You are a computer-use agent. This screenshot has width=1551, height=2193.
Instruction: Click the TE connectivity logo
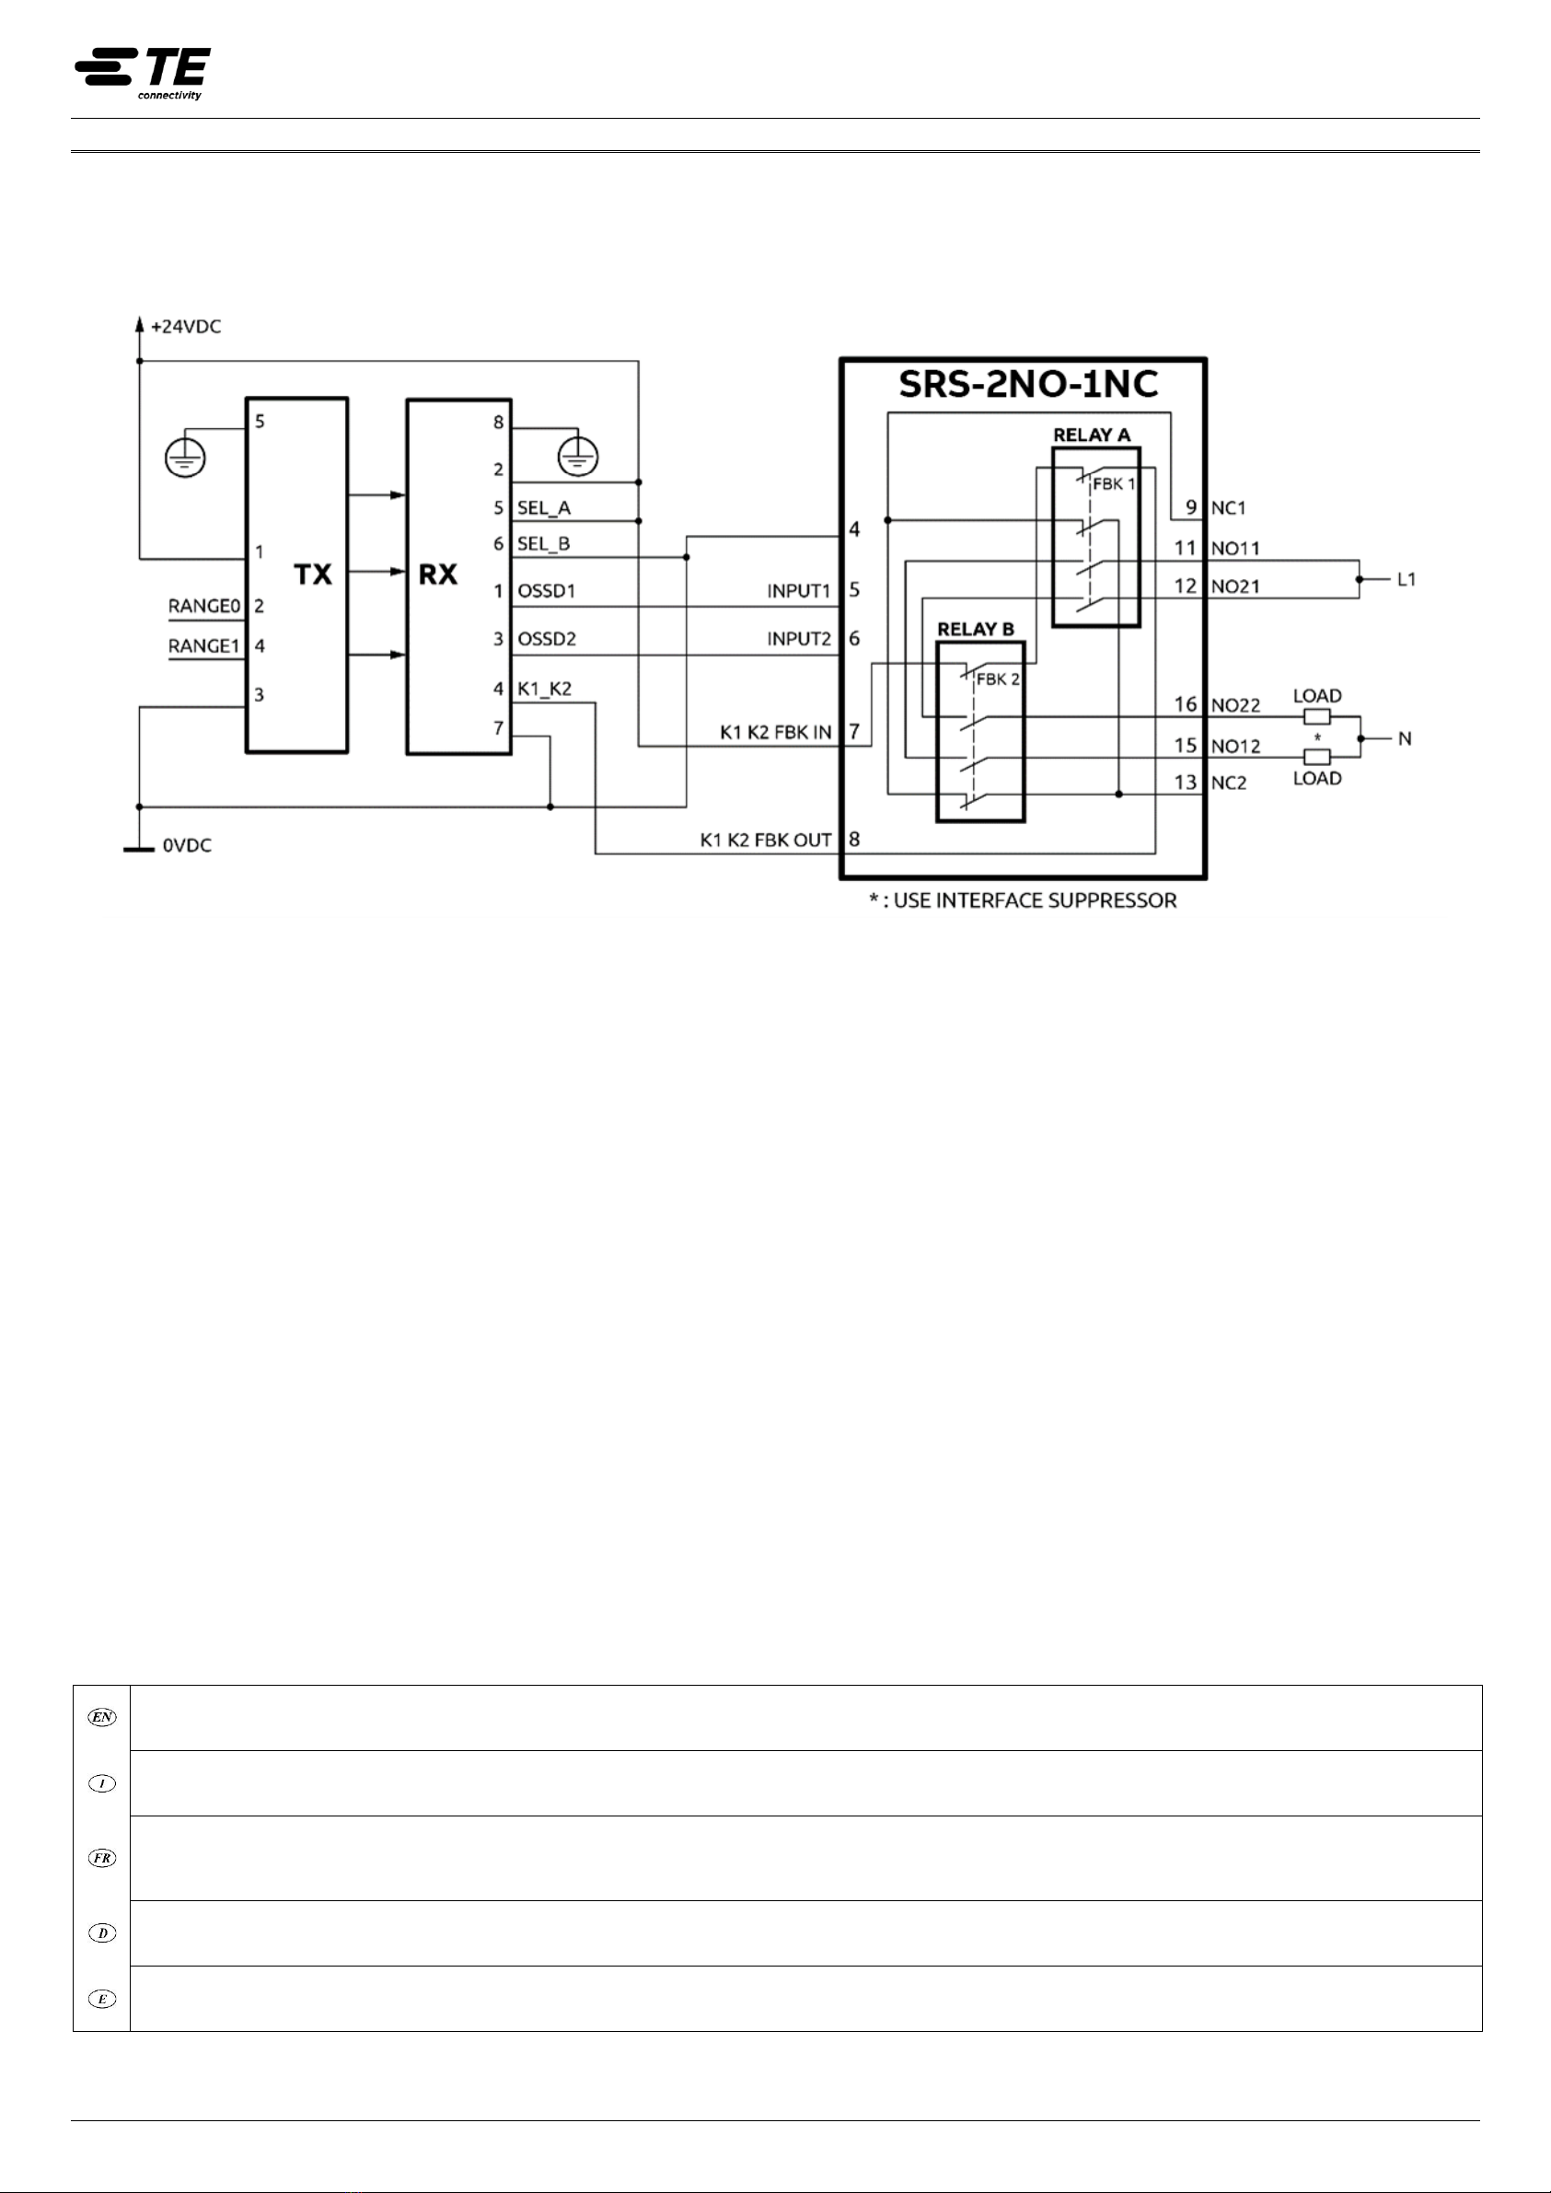coord(144,73)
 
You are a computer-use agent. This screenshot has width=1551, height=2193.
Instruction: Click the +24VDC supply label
coord(186,327)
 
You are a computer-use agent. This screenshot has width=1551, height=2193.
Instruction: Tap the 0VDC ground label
coord(187,845)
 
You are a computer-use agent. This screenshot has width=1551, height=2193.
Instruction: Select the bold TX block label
coord(312,574)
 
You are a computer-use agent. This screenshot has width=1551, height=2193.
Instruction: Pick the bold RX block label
coord(438,574)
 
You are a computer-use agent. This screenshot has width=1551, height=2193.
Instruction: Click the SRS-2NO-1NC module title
coord(1028,384)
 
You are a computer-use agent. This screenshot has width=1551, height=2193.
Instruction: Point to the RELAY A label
coord(1092,435)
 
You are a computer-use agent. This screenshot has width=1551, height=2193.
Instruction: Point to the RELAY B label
coord(975,630)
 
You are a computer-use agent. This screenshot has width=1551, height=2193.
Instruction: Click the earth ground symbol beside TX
coord(184,458)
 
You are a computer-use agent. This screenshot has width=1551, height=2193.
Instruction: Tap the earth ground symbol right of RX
coord(578,456)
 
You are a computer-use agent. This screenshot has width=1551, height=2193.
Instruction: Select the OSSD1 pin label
coord(546,591)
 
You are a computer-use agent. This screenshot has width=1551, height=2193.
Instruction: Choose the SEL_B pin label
coord(543,544)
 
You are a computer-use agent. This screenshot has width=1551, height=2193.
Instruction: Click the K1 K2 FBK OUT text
coord(765,841)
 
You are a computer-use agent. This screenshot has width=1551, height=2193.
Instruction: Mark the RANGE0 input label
coord(203,606)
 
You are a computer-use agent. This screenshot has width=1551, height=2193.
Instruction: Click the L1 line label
coord(1406,580)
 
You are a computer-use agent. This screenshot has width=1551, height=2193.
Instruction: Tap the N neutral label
coord(1405,738)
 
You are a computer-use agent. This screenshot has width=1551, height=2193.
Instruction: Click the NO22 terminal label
coord(1236,706)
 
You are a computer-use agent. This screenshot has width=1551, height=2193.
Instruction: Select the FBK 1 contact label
coord(1114,484)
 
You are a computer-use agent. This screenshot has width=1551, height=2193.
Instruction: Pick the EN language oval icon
coord(102,1717)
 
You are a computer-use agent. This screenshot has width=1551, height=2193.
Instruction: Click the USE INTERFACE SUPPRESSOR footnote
coord(1022,900)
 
